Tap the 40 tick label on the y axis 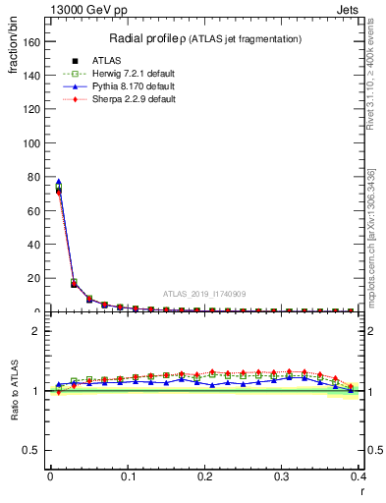click(x=37, y=245)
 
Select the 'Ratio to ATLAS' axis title click(x=14, y=391)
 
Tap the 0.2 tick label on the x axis click(x=204, y=475)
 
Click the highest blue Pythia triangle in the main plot click(x=58, y=182)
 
